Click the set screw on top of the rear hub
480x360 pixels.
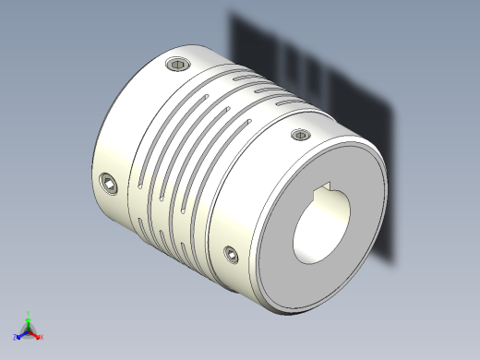[178, 65]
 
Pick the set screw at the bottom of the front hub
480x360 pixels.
[230, 251]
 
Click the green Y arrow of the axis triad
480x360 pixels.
[28, 320]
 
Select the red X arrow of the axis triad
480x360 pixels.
[35, 333]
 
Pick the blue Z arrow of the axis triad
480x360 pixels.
[20, 334]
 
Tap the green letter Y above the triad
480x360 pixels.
[28, 313]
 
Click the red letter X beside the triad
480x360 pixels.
[42, 337]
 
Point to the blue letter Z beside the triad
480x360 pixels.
[15, 337]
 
